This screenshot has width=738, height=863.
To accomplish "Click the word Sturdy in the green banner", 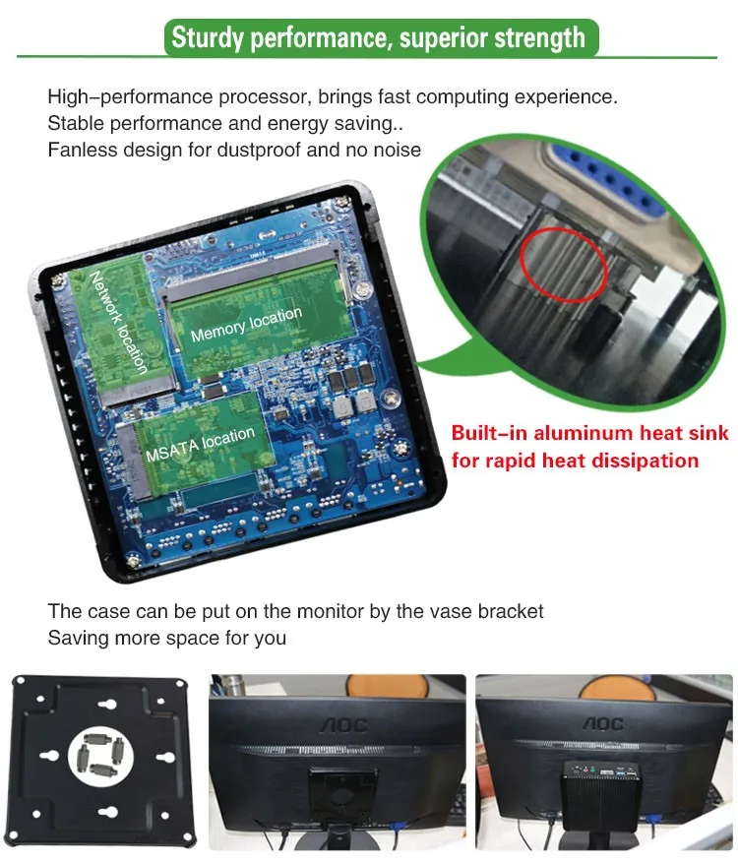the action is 207,38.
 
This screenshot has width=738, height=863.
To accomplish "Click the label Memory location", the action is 247,324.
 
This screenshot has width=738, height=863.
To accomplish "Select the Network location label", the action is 118,322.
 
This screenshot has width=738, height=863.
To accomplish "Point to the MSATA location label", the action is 201,444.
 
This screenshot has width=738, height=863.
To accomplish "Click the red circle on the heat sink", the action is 564,265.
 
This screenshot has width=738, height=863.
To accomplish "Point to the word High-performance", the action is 130,96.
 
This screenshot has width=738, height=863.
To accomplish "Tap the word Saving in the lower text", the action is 78,638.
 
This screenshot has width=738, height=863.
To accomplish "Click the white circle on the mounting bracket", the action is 100,755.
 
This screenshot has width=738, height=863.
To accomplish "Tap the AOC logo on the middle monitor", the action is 343,725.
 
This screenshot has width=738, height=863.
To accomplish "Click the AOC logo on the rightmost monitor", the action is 603,723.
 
